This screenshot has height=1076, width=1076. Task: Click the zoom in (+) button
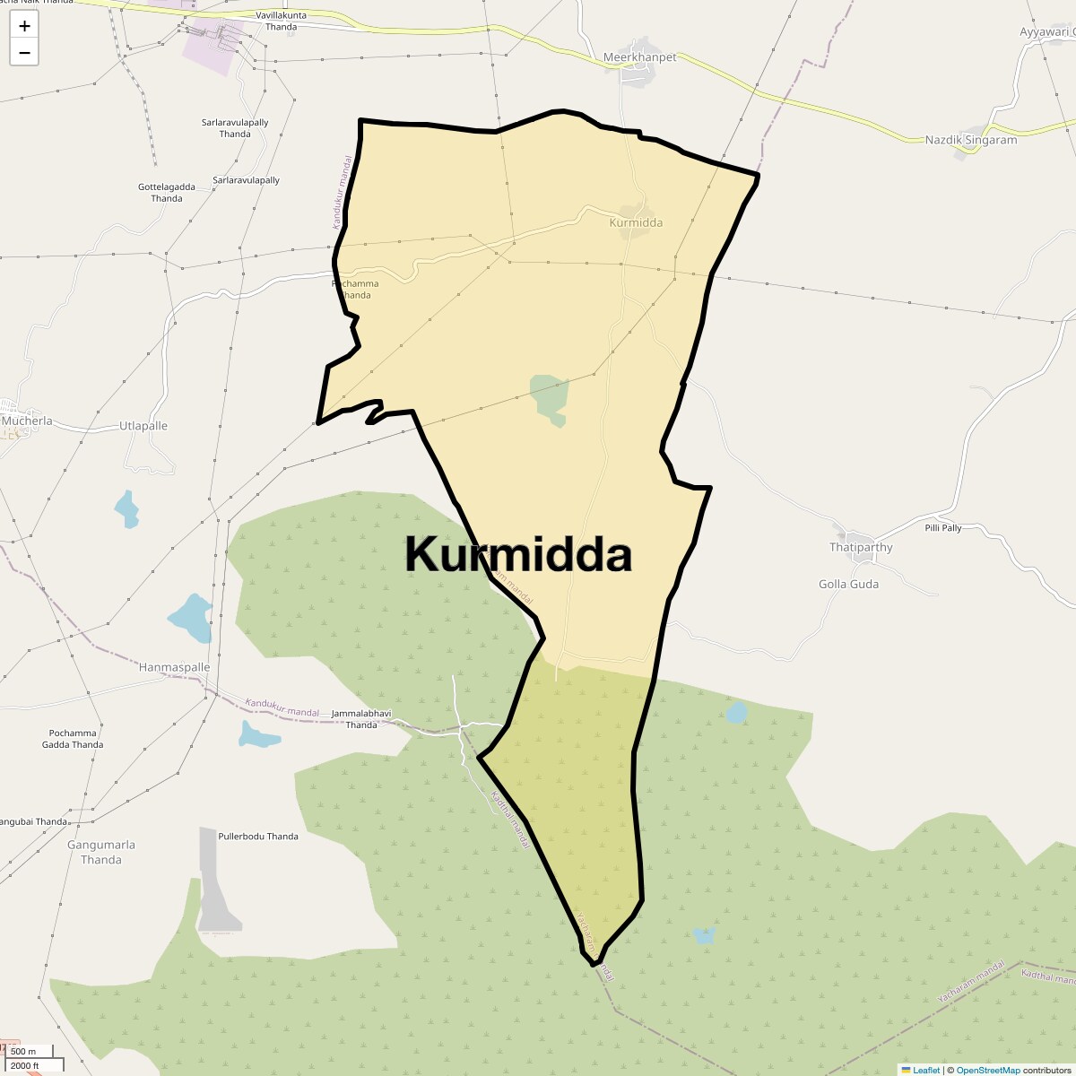(x=24, y=26)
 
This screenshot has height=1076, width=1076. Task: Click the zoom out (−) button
(x=24, y=52)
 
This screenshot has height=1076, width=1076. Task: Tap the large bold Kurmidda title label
(x=518, y=554)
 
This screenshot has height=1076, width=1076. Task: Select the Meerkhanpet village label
(x=639, y=57)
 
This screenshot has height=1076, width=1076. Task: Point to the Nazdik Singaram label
(x=971, y=140)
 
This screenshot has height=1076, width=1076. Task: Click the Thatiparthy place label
(x=861, y=547)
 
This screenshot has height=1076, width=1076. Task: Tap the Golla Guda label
(x=848, y=584)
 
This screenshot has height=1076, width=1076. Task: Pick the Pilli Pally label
(x=943, y=528)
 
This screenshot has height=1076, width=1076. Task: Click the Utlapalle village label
(x=143, y=426)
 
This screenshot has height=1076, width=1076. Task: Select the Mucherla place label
(x=27, y=421)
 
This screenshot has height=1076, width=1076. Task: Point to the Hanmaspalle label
(x=174, y=667)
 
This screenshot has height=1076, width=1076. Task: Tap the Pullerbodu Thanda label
(x=258, y=837)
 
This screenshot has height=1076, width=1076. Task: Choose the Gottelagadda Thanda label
(x=167, y=193)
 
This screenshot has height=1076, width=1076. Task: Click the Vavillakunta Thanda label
(x=281, y=22)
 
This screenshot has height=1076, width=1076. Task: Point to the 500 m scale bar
(x=27, y=1051)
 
